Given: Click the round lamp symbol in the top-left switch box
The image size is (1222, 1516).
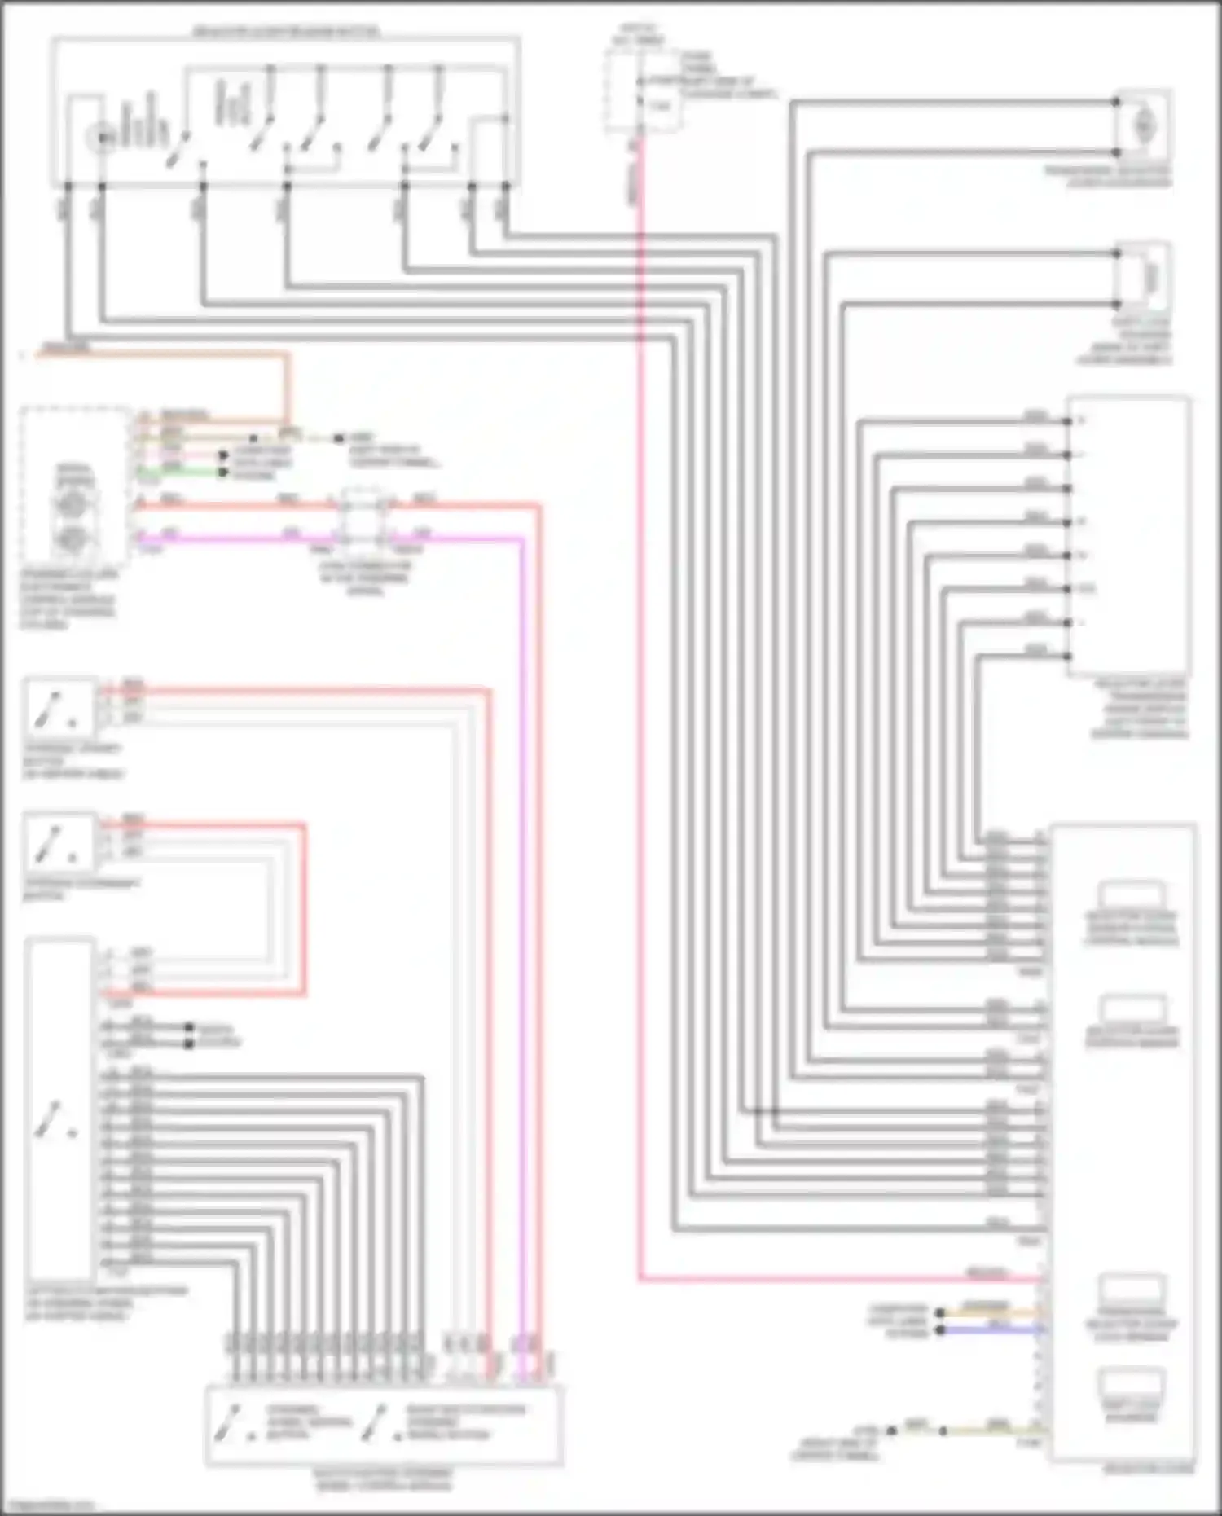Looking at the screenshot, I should coord(102,138).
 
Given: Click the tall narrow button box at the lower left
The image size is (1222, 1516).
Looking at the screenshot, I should coord(59,1108).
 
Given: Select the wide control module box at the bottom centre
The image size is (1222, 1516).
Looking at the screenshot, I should coord(383,1426).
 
